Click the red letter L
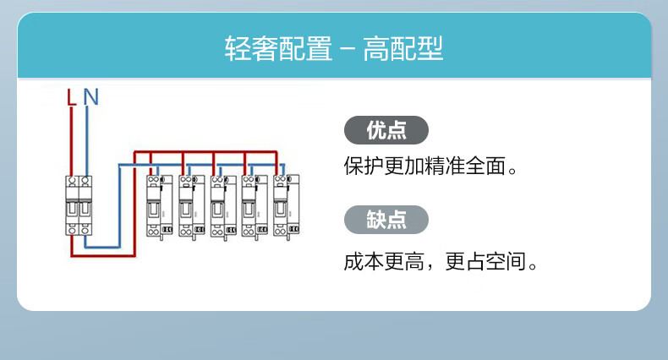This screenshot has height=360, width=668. (72, 97)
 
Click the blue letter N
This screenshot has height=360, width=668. (90, 97)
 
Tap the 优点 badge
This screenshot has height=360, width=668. (386, 130)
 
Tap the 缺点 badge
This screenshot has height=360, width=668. (386, 220)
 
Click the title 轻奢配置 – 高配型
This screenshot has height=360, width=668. (334, 48)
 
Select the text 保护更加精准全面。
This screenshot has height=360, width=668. (430, 166)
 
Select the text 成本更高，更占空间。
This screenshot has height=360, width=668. (441, 261)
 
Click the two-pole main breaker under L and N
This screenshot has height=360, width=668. (79, 205)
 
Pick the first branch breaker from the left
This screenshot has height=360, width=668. (159, 206)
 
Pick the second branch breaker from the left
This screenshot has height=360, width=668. (192, 206)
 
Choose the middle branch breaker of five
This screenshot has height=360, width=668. (223, 206)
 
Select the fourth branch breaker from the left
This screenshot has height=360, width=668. (255, 206)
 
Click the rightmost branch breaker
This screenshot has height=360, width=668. (287, 206)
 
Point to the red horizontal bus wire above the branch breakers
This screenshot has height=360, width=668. (205, 152)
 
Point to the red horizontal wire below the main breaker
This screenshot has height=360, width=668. (103, 255)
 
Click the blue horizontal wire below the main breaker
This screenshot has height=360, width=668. (102, 247)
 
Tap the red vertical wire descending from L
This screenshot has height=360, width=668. (71, 141)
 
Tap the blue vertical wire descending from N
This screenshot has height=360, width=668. (87, 141)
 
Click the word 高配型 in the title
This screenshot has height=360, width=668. (403, 48)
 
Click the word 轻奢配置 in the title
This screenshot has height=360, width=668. (279, 48)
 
